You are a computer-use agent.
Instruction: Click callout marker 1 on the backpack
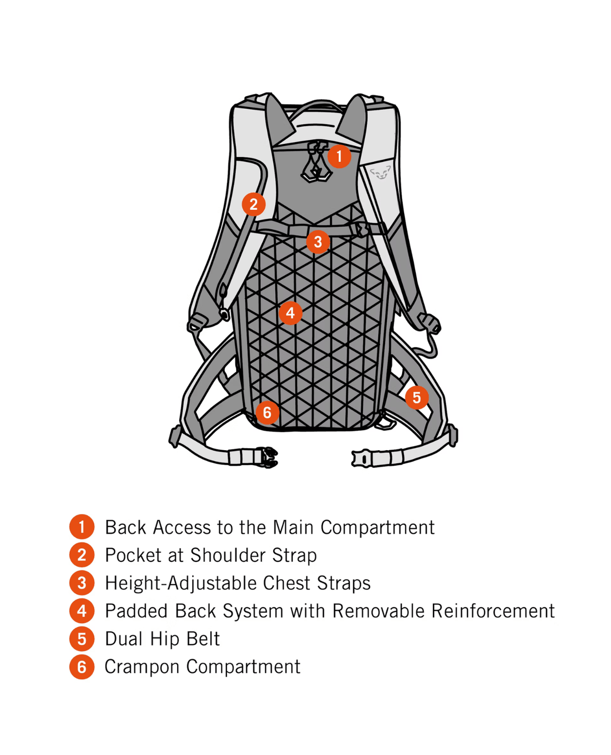(339, 156)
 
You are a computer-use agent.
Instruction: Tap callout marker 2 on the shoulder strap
(253, 204)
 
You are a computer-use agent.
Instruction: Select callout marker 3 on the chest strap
(318, 242)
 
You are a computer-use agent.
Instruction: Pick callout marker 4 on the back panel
(290, 313)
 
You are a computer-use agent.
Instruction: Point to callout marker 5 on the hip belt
(417, 397)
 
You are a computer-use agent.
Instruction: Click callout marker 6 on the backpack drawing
(267, 412)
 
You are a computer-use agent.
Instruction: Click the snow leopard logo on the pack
(380, 174)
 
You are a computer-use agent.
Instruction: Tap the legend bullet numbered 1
(82, 527)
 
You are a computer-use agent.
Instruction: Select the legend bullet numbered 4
(82, 611)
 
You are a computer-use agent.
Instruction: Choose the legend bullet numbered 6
(82, 667)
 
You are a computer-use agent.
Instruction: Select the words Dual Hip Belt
(162, 639)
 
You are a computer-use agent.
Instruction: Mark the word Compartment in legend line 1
(377, 528)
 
